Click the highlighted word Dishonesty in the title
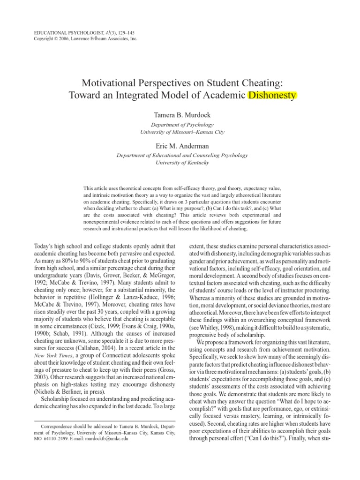point(272,96)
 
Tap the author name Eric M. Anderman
point(180,147)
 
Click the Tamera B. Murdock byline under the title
point(180,115)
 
